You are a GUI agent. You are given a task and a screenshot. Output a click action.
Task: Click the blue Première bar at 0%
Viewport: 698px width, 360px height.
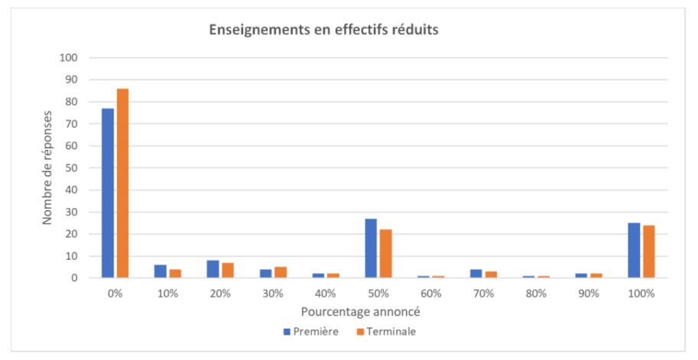[108, 193]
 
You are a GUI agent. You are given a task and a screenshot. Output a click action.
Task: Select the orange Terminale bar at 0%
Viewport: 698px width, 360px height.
[122, 183]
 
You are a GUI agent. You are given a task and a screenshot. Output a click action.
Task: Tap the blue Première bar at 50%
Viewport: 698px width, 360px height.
[371, 248]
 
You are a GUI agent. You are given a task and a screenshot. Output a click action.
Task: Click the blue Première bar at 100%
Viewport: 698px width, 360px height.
[634, 251]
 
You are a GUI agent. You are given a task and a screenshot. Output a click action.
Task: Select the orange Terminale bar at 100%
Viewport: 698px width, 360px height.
[648, 251]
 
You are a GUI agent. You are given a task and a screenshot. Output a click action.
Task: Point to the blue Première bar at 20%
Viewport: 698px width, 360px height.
[213, 269]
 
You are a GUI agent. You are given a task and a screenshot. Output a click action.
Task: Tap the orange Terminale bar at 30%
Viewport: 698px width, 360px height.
[281, 272]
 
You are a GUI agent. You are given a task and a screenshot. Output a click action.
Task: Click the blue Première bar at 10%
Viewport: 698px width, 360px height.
[161, 271]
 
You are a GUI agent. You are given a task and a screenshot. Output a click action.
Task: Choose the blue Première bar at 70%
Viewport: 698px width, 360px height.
[476, 274]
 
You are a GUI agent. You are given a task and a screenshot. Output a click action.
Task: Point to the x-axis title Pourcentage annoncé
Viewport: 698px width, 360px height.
[349, 313]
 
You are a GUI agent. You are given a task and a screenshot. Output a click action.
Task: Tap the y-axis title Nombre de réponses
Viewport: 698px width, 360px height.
[47, 167]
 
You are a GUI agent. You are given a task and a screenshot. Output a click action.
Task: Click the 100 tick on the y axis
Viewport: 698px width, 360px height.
[70, 58]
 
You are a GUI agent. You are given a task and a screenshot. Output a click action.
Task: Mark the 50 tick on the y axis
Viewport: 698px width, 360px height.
[73, 168]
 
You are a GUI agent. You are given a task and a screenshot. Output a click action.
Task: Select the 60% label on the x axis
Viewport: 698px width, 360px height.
[430, 294]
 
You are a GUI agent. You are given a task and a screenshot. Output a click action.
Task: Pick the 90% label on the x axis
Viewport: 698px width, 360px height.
[589, 294]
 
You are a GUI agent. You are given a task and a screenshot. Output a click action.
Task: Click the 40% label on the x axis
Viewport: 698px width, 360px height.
[326, 294]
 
